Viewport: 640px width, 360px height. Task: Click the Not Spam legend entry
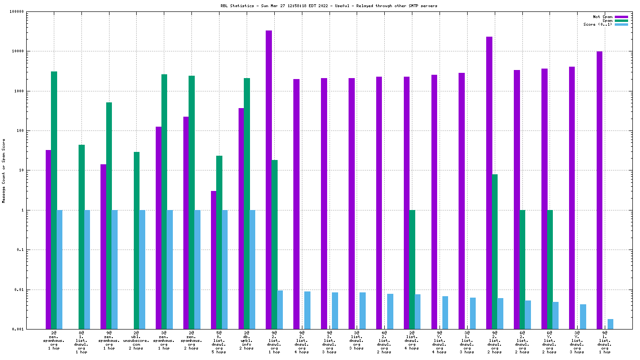point(602,17)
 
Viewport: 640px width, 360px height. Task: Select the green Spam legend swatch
point(621,20)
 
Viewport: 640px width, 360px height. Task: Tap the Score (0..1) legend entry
point(598,24)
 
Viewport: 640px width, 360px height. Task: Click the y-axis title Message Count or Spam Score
point(4,170)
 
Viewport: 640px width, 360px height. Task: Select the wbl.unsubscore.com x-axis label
point(136,341)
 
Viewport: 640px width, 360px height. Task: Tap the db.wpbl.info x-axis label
point(246,341)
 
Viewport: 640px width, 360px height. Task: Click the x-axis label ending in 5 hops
point(219,343)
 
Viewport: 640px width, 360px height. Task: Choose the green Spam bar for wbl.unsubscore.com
point(137,240)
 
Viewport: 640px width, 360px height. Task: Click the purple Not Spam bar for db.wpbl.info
point(241,219)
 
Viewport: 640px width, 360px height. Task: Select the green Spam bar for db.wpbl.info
point(247,203)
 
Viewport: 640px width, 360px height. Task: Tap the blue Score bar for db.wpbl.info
point(252,270)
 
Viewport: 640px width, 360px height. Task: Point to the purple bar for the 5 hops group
point(213,260)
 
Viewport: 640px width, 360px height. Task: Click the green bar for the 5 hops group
point(219,242)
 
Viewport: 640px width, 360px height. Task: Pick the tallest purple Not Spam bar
point(269,180)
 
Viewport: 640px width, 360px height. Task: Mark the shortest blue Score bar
point(610,324)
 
